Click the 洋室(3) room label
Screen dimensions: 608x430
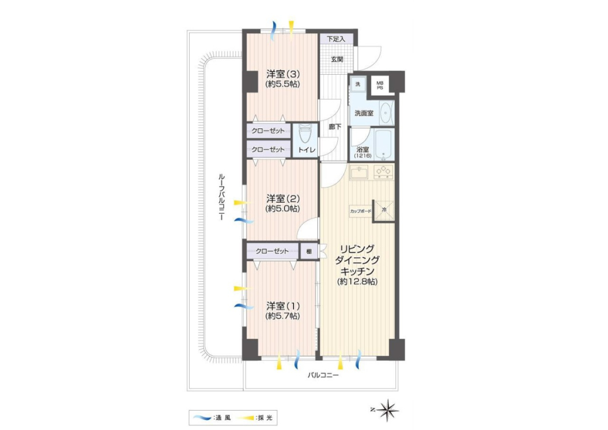pos(282,74)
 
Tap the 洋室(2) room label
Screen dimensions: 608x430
pos(282,199)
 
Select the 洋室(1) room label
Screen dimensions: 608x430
pos(282,306)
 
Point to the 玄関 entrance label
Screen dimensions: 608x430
pos(337,59)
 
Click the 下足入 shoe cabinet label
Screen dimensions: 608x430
pos(336,39)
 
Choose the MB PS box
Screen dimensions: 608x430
pos(380,85)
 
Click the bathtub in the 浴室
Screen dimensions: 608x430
pos(385,144)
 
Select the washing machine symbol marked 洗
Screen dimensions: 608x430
pos(358,84)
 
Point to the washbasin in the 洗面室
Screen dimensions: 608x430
pos(385,113)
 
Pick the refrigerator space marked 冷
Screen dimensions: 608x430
pos(384,211)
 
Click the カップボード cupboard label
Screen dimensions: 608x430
pos(360,211)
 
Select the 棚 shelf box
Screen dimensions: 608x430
pos(309,251)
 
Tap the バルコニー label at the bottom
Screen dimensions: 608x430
pos(323,376)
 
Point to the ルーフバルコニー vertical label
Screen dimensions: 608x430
pos(221,197)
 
